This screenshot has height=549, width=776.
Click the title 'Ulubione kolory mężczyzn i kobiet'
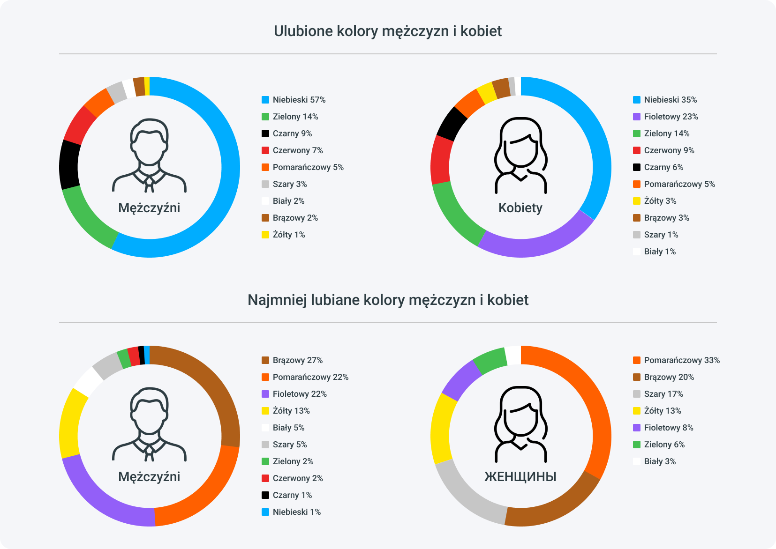pos(388,31)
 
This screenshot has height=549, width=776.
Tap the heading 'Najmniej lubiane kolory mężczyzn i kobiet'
pos(388,300)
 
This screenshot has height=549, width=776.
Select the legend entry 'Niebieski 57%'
pos(299,100)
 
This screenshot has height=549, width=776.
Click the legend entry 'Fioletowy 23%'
pos(671,117)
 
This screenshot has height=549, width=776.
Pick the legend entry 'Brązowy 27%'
pos(297,360)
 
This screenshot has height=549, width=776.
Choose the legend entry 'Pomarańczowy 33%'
pos(681,360)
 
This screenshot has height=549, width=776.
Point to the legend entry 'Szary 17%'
pos(663,394)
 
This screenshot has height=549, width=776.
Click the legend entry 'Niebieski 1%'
pos(296,512)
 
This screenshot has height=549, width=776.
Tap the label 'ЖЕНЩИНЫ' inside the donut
pos(520,477)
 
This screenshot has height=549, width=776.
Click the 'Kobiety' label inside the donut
pos(520,208)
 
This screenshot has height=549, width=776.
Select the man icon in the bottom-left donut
pos(149,424)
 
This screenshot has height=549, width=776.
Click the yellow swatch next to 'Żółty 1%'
pos(265,235)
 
